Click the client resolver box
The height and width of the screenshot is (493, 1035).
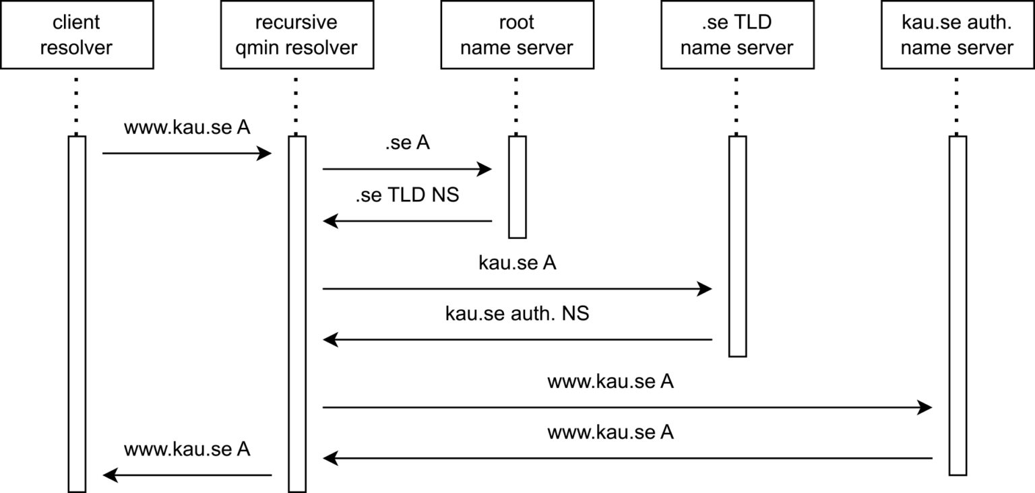[77, 35]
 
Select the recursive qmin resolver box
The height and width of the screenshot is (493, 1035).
[296, 35]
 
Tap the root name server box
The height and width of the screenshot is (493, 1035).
[517, 35]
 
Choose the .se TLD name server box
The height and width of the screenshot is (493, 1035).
[736, 35]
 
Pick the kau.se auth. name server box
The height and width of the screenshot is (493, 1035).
[957, 35]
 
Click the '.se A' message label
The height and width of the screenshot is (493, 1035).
[407, 144]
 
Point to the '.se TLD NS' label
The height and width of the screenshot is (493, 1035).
[407, 195]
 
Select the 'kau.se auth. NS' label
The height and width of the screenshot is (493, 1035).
[517, 314]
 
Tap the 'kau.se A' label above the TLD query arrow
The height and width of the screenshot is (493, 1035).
[517, 263]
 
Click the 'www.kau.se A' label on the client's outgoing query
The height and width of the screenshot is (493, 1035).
[187, 127]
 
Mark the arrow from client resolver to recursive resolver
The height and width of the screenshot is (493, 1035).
[187, 154]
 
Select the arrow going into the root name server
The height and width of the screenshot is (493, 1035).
[407, 169]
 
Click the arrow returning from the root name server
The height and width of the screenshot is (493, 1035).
[407, 221]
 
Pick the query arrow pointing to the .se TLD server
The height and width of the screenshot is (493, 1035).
[517, 289]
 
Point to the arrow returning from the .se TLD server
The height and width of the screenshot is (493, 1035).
[517, 340]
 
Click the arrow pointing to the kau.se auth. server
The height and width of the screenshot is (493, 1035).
[627, 407]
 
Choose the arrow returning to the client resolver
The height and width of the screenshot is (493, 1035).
[187, 475]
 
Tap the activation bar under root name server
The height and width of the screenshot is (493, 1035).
[517, 187]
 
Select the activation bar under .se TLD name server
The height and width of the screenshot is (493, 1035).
[737, 246]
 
